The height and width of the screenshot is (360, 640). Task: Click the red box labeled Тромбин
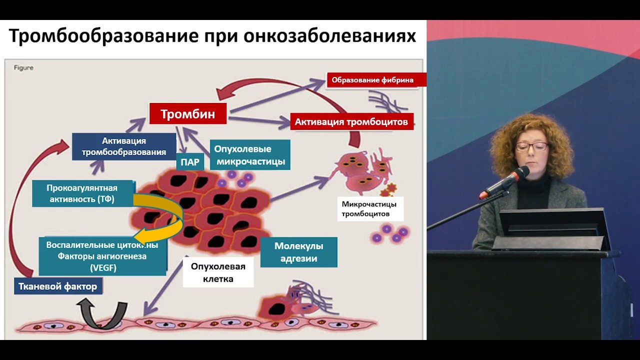(x=188, y=114)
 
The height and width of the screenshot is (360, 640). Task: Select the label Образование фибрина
(x=372, y=80)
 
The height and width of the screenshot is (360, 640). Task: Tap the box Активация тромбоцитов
(x=351, y=121)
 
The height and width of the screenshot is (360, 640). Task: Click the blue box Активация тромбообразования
(x=123, y=146)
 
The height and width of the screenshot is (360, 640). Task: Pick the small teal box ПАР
(x=189, y=162)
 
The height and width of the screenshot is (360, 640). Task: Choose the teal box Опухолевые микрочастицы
(x=250, y=155)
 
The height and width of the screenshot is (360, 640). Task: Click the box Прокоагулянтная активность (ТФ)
(x=82, y=193)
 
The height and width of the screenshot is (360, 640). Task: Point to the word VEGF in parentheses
(x=103, y=267)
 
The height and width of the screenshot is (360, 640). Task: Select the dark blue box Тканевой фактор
(x=58, y=286)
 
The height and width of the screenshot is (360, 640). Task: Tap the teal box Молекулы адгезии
(x=298, y=252)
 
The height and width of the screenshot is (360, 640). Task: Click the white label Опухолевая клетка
(x=218, y=272)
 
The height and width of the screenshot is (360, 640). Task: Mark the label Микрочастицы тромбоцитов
(x=369, y=209)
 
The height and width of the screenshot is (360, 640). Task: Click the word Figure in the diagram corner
(x=23, y=67)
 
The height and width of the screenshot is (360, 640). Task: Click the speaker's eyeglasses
(x=531, y=146)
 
